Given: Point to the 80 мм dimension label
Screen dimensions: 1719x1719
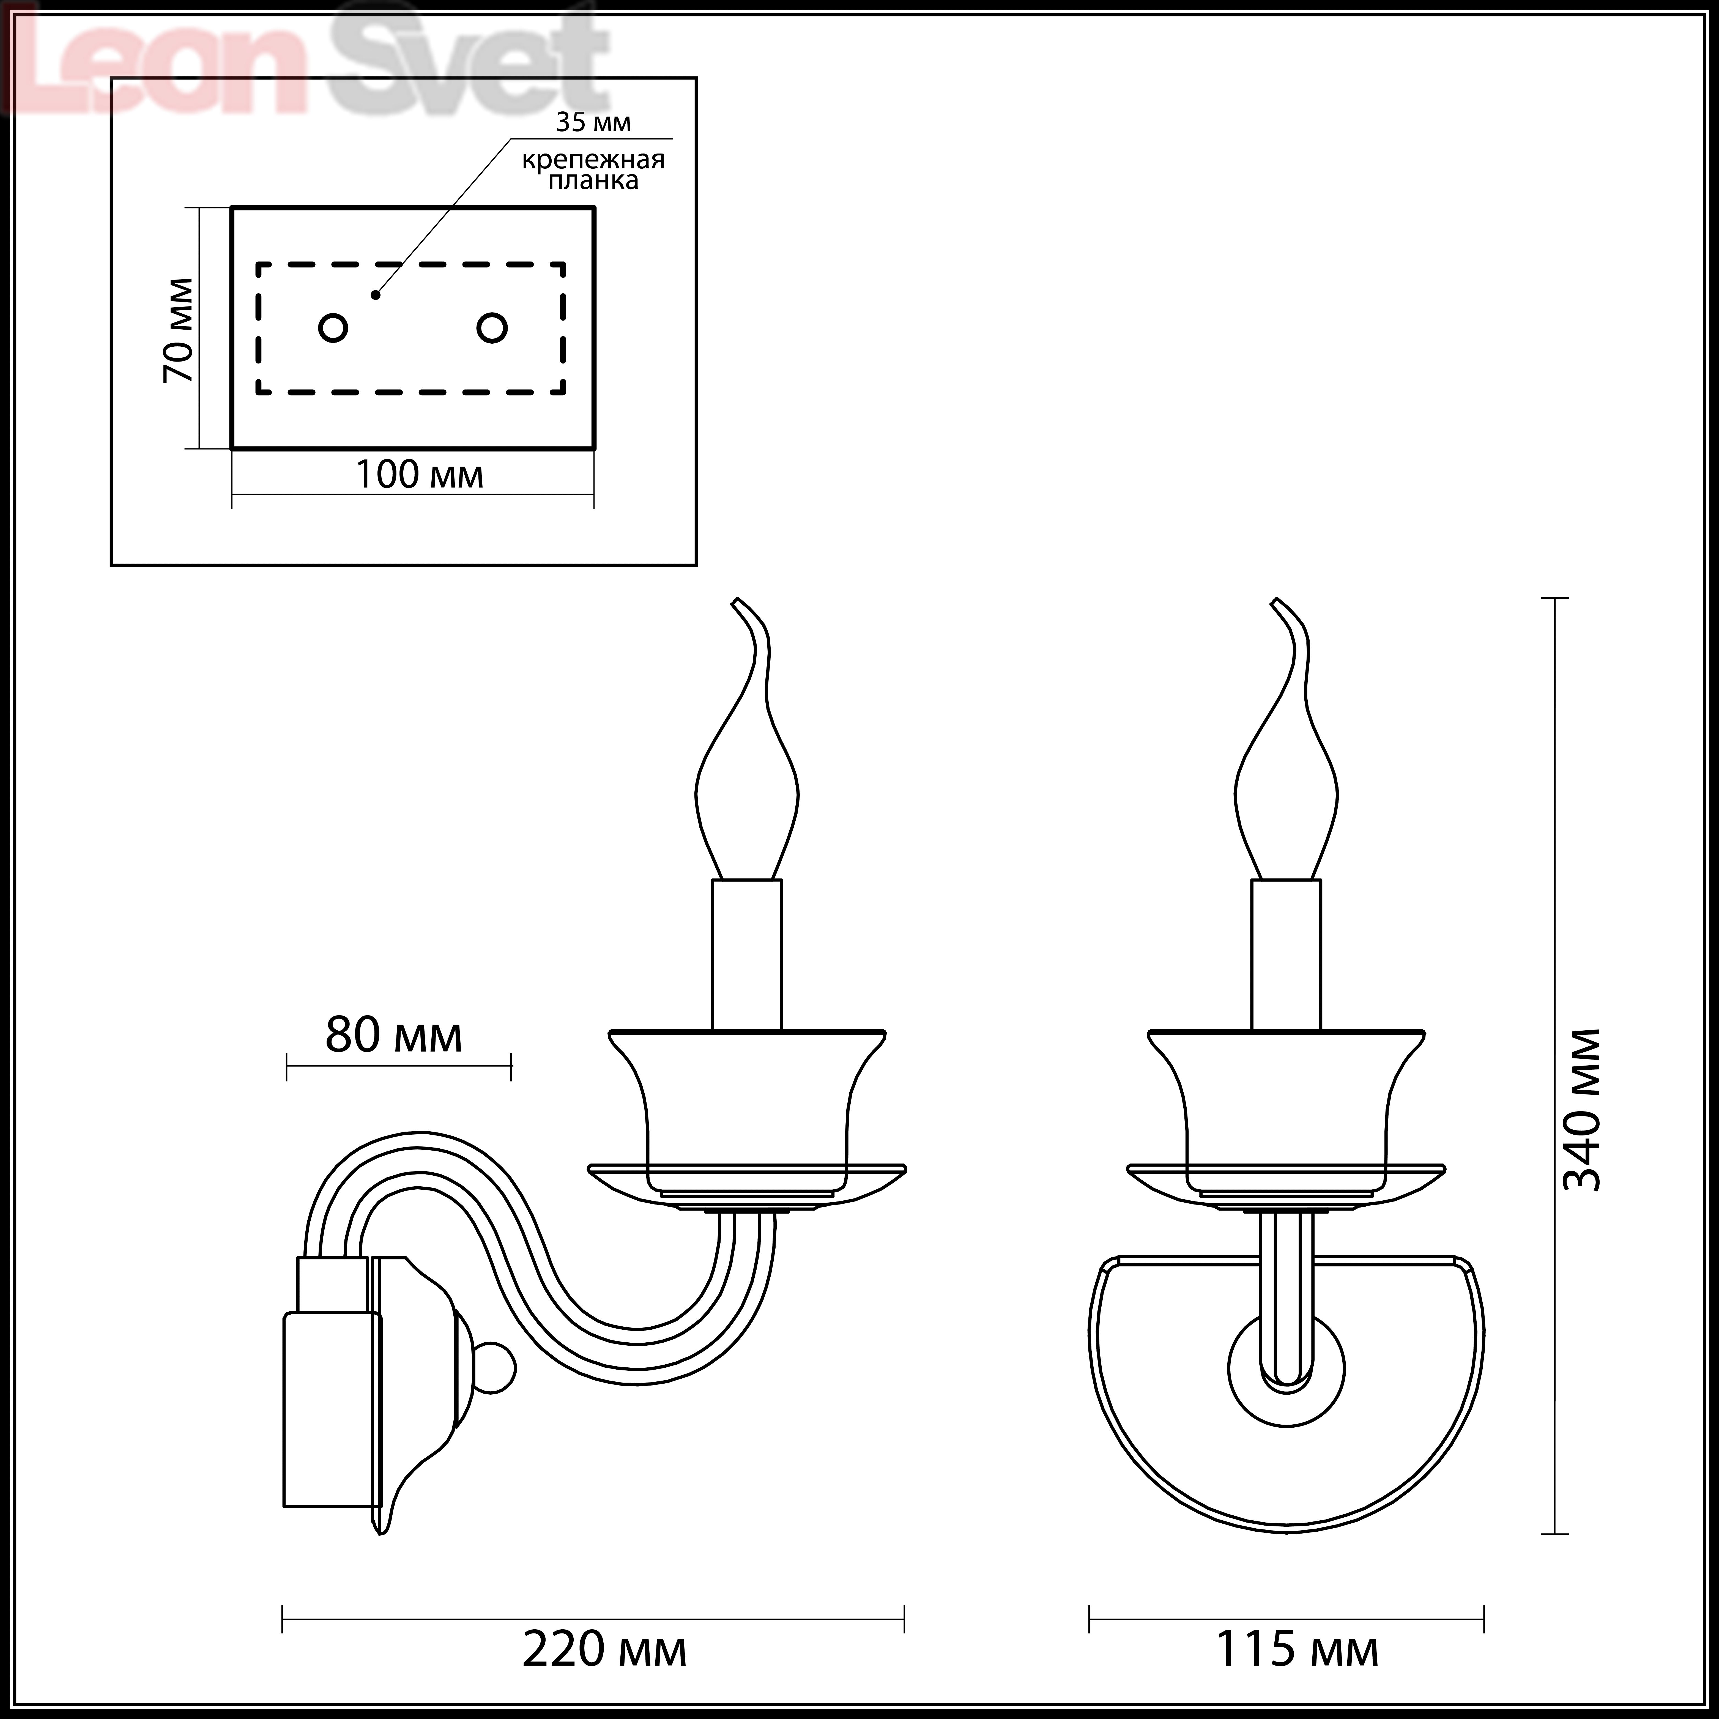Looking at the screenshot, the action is pos(393,1035).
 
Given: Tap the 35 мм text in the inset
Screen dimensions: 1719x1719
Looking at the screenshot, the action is pos(593,122).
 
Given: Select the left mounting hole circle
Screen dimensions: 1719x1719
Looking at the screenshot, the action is pos(333,328).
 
